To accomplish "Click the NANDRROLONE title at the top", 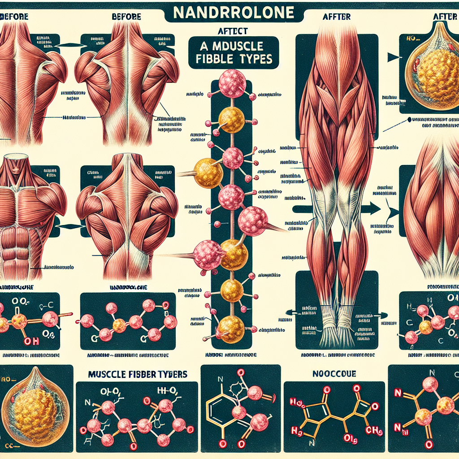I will [x=229, y=13].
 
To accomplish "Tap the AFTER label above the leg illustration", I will [x=336, y=17].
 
